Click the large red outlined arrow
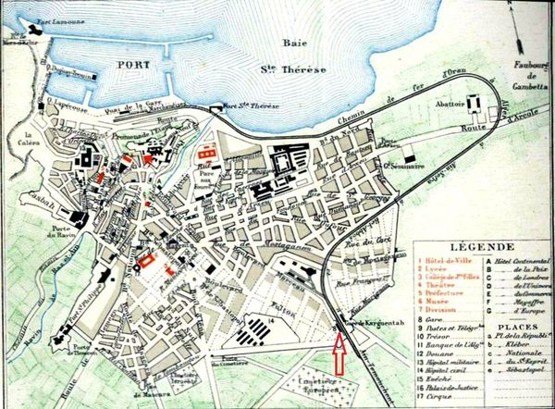339,354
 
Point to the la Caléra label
34,143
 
